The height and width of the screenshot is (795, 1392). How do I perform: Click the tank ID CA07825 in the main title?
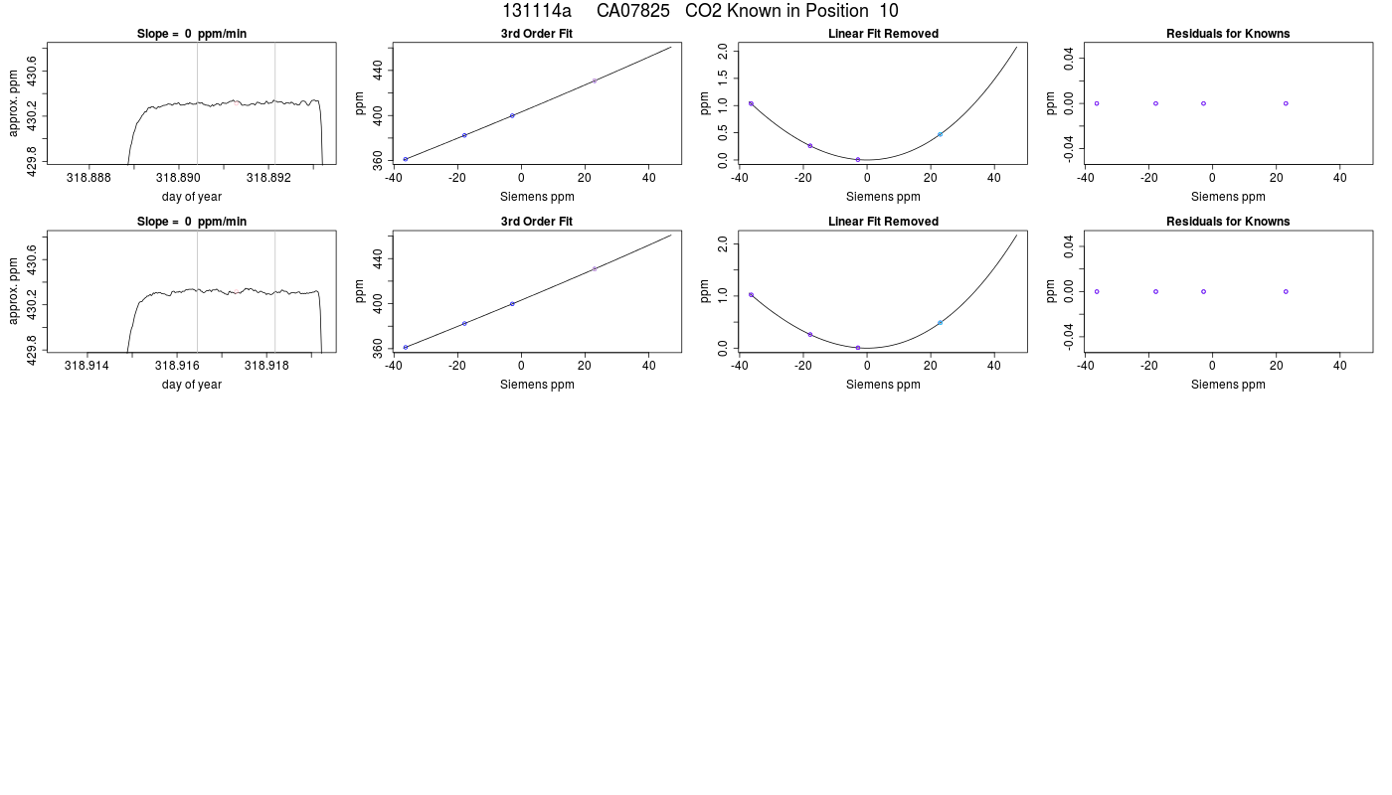pos(632,11)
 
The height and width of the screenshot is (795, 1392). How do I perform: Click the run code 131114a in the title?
pos(536,11)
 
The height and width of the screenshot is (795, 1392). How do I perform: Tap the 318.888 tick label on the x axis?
pos(88,178)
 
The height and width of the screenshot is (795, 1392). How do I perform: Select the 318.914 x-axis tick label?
pos(87,366)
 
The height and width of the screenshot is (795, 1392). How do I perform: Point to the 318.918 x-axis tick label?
pos(266,366)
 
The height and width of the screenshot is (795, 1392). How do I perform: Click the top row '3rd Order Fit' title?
pos(537,34)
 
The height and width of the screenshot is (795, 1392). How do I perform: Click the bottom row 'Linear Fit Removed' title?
pos(883,222)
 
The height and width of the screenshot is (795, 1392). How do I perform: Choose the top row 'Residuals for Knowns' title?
pos(1228,34)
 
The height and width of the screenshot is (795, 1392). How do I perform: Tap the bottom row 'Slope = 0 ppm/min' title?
pos(191,222)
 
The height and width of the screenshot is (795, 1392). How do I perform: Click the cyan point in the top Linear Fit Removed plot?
pos(940,134)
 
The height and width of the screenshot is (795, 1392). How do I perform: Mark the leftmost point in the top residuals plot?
pos(1096,103)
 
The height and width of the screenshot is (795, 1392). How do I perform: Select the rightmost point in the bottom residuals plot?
pos(1286,292)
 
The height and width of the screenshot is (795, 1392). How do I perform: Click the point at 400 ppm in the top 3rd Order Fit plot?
pos(512,115)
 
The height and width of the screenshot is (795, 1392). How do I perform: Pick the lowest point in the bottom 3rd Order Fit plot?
pos(406,347)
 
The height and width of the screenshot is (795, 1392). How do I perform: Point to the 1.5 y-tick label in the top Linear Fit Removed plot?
pos(723,79)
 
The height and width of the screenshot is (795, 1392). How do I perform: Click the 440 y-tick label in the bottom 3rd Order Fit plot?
pos(377,258)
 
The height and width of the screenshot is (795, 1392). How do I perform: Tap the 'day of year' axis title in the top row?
pos(191,197)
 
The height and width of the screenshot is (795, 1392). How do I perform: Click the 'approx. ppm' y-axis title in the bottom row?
pos(14,290)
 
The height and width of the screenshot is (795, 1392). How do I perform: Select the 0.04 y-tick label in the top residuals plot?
pos(1068,59)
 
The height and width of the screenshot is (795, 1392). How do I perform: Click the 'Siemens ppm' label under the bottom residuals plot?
pos(1228,385)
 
